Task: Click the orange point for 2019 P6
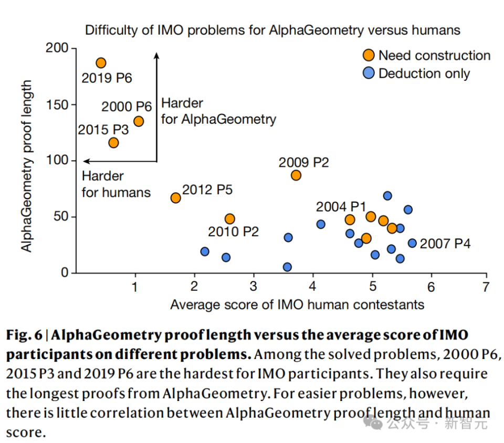[x=101, y=63]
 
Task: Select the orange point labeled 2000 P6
[x=139, y=121]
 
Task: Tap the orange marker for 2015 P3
[x=113, y=143]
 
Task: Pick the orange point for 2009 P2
[x=296, y=175]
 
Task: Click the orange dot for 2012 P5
[x=176, y=198]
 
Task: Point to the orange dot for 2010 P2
[x=230, y=219]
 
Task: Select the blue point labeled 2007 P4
[x=412, y=243]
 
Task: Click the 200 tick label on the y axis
[x=58, y=48]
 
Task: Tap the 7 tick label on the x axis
[x=486, y=287]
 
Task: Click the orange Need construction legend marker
[x=370, y=55]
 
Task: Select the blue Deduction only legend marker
[x=370, y=73]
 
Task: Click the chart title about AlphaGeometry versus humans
[x=272, y=30]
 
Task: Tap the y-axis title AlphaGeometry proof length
[x=27, y=166]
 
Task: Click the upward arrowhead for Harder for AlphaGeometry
[x=156, y=55]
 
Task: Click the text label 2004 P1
[x=340, y=206]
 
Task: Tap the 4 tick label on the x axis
[x=313, y=287]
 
